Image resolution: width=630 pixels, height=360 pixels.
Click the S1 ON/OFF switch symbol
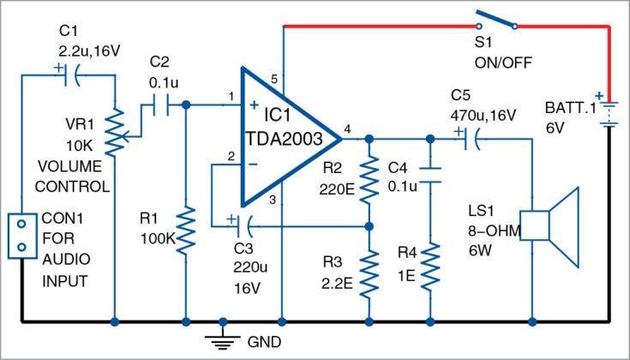(494, 21)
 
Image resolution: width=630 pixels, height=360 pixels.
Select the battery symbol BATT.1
(609, 111)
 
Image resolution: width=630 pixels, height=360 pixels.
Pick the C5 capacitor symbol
(471, 137)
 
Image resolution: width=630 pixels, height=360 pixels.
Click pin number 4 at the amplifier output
(346, 129)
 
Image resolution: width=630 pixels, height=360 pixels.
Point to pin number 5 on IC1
(274, 80)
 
